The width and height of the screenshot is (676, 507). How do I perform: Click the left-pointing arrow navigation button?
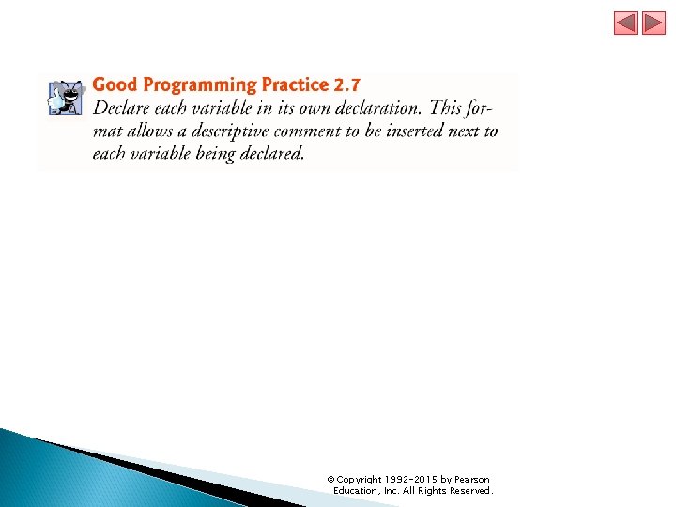coord(626,23)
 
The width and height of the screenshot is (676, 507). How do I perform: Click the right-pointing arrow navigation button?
coord(653,23)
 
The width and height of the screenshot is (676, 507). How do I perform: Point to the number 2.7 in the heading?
coord(346,85)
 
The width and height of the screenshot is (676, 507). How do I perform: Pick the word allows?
coord(147,131)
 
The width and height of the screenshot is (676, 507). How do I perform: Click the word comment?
coord(315,131)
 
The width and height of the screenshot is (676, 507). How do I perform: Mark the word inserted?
coord(412,131)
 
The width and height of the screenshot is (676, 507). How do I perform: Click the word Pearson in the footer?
coord(471,480)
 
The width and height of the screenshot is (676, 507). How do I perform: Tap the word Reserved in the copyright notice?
coord(469,491)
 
